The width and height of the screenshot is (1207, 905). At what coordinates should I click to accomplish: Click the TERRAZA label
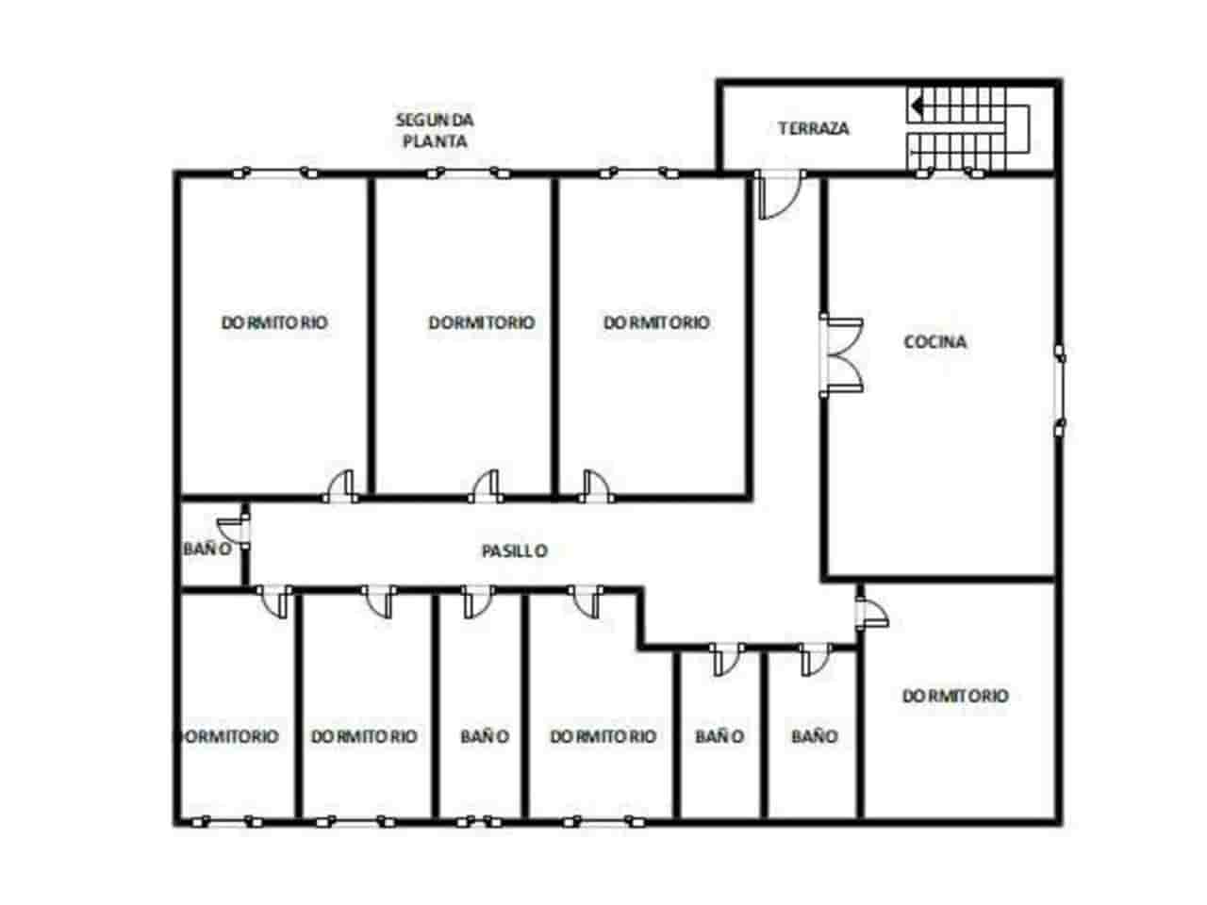[x=813, y=128]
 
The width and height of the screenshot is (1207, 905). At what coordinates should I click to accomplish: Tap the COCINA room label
[x=934, y=342]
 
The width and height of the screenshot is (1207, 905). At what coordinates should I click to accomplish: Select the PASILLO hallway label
[x=515, y=551]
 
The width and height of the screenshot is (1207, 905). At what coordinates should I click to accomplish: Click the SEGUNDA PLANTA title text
[x=435, y=130]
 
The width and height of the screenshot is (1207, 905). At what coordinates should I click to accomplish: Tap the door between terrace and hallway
[x=780, y=195]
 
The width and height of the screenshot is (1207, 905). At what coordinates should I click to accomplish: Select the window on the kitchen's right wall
[x=1060, y=390]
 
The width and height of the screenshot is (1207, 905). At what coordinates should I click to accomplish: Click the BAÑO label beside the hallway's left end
[x=207, y=549]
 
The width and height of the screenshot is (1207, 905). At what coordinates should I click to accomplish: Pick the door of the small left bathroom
[x=234, y=530]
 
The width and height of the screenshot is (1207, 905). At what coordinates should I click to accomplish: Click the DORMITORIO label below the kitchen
[x=955, y=697]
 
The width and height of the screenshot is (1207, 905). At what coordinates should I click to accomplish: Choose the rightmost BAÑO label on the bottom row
[x=814, y=736]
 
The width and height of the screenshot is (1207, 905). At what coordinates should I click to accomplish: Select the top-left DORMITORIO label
[x=274, y=322]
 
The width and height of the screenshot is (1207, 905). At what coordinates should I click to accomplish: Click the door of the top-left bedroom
[x=340, y=486]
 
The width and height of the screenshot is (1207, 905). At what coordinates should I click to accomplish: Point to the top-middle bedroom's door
[x=486, y=486]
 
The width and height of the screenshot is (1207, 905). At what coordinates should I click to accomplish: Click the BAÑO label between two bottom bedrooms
[x=485, y=736]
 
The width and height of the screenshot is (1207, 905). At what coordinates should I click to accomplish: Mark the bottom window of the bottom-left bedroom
[x=227, y=823]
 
